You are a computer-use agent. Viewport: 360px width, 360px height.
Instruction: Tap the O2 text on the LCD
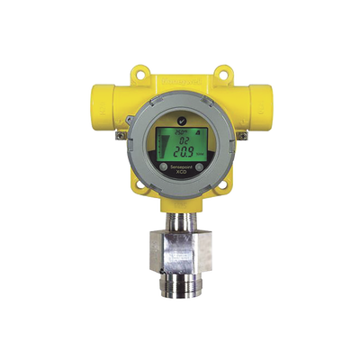[x=182, y=140]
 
